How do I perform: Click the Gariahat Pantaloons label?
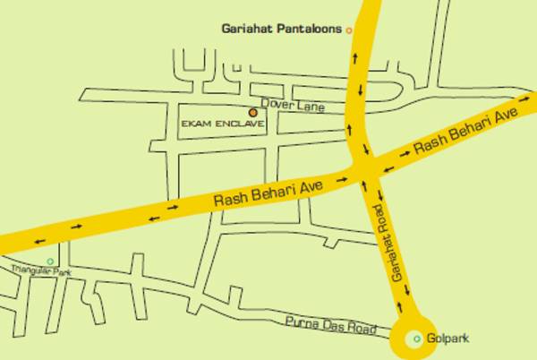(x=282, y=30)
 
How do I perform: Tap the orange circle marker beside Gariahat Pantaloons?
(x=349, y=30)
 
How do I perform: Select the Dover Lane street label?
(x=292, y=106)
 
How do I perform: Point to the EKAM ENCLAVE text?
(x=223, y=124)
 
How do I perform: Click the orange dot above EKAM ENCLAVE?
(x=253, y=113)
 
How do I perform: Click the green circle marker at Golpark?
(x=416, y=339)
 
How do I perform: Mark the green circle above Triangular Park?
(x=50, y=261)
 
